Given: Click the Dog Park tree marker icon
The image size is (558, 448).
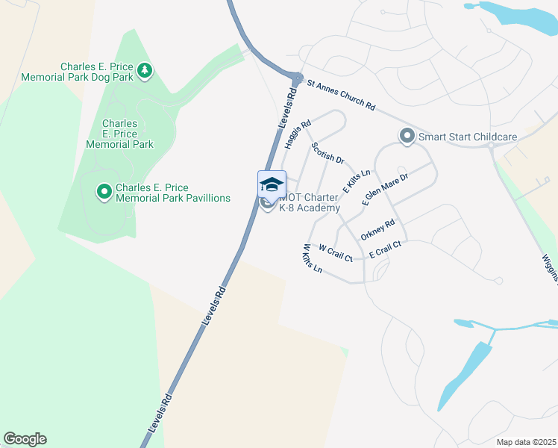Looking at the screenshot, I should point(145,72).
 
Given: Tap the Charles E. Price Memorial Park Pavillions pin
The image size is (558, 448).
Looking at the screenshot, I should point(104,193).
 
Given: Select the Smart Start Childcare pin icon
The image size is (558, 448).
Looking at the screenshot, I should point(407,137).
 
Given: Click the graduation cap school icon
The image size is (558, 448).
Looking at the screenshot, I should point(272,184).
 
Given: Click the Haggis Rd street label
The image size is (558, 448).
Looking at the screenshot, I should point(297,135).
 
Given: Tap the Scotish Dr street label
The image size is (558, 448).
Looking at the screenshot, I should point(327,153).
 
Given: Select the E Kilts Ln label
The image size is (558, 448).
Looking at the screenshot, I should point(357,182).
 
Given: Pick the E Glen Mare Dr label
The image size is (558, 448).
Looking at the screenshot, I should point(385,190).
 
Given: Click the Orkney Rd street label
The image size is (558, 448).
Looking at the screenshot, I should point(377,230).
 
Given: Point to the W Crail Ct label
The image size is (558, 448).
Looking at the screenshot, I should point(335,252).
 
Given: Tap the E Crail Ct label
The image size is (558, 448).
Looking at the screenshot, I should point(385,249).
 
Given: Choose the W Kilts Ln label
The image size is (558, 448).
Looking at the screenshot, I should point(312,258).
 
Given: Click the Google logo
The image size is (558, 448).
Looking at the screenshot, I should point(25,439).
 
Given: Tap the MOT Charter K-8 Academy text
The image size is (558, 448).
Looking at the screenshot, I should point(309,202).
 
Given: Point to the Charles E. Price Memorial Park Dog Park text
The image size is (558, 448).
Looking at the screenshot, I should point(77,72).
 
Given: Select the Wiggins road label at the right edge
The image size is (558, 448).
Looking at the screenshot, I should point(551,266).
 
